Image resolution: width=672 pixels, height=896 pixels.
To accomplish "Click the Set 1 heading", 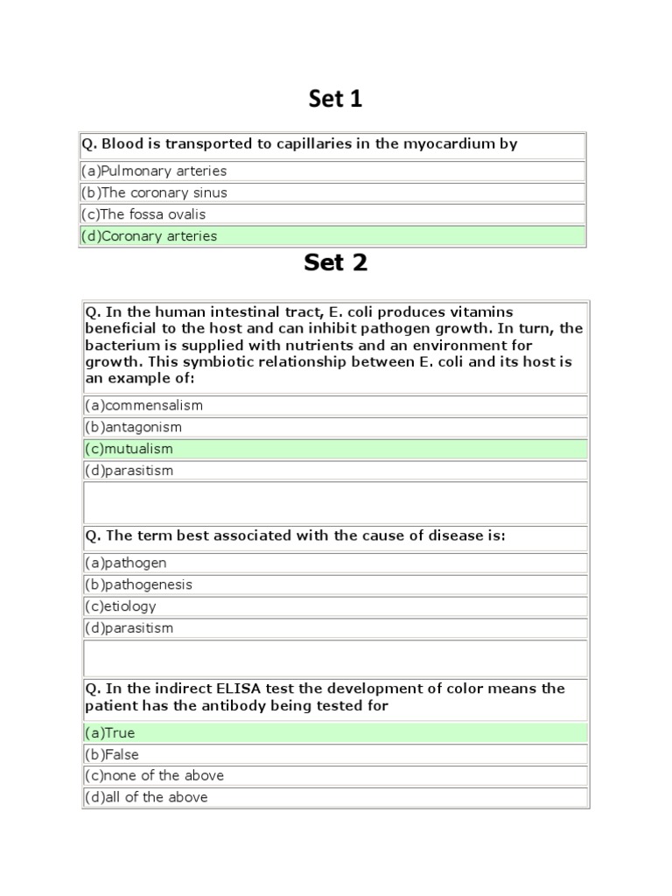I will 335,100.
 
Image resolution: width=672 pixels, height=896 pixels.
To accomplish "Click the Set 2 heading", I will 335,262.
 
